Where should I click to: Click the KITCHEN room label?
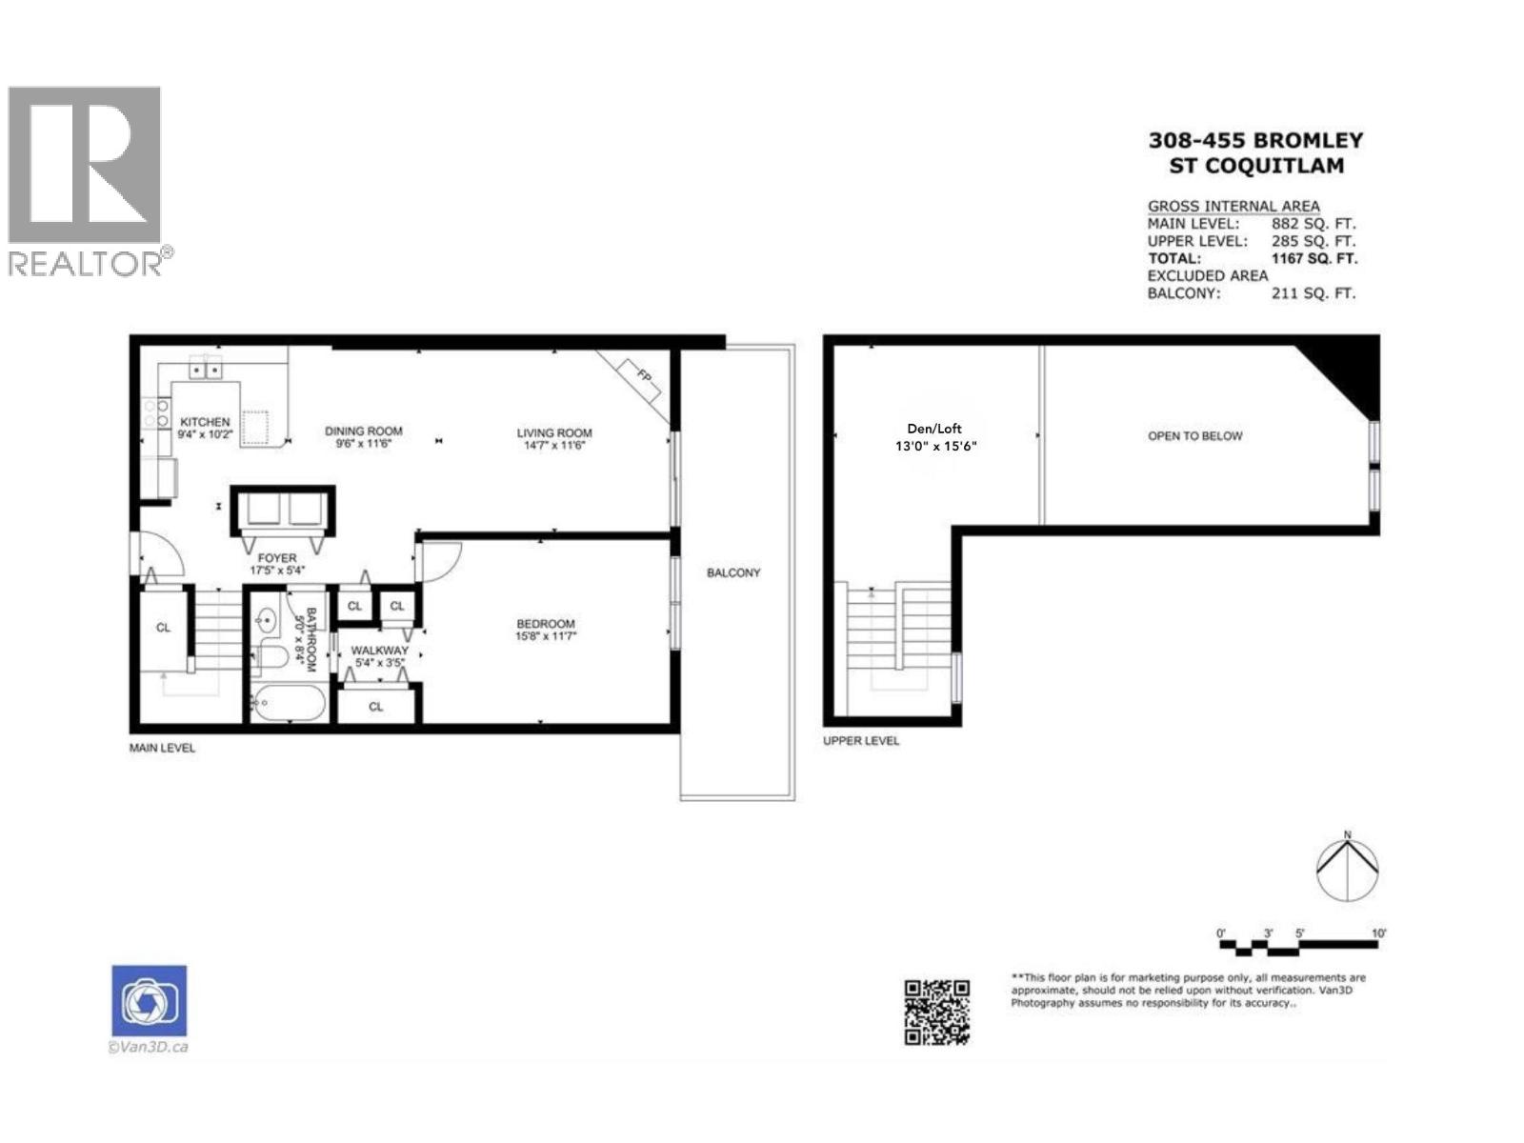click(205, 422)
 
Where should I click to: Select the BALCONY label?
click(733, 572)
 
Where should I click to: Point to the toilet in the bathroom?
click(271, 656)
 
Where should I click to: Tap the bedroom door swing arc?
click(442, 561)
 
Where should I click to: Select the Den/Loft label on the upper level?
click(933, 429)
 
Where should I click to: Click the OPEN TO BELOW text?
click(1194, 436)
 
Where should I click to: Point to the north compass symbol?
click(1347, 869)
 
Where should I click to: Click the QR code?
click(936, 1012)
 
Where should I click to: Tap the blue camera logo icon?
click(150, 1000)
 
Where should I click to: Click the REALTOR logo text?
click(86, 264)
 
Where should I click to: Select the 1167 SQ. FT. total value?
click(1313, 258)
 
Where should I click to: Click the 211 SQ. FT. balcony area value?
click(1312, 293)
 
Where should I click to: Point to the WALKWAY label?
click(379, 651)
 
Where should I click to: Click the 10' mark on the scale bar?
click(1378, 933)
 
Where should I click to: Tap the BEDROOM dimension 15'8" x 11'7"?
click(546, 636)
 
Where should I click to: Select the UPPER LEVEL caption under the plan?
click(861, 740)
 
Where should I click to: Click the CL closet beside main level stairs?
click(163, 628)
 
